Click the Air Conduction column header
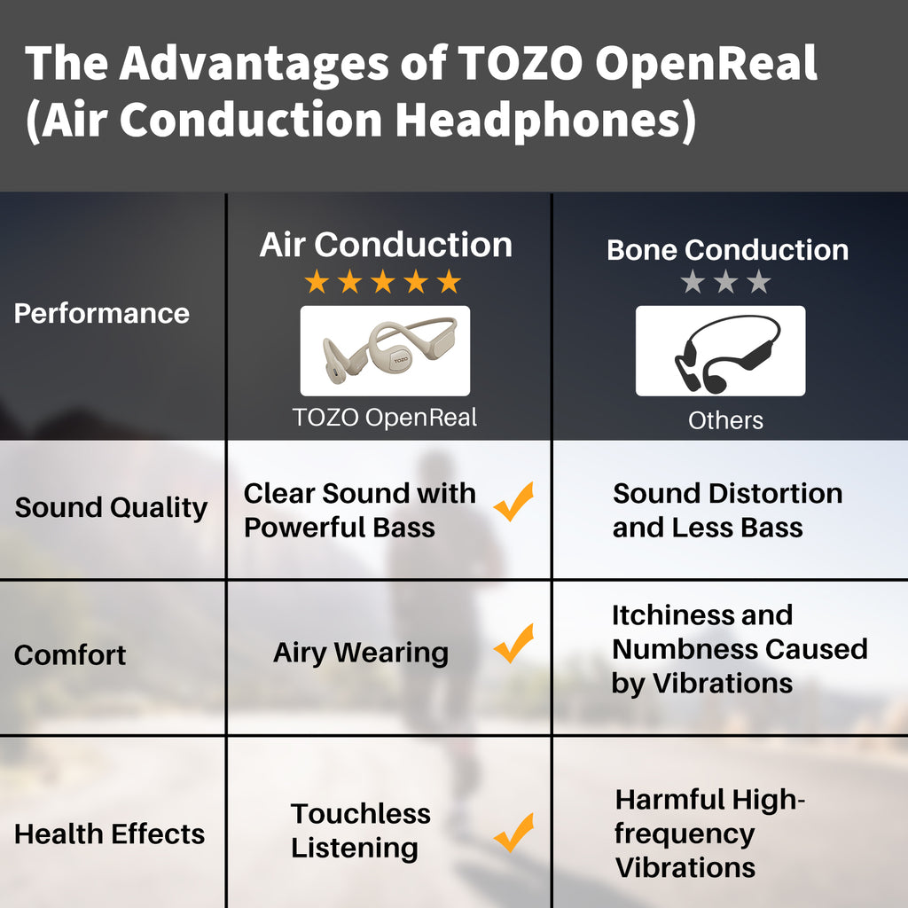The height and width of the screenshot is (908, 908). [x=386, y=245]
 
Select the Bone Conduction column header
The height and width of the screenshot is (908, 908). [x=727, y=250]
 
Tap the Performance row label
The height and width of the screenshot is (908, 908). [x=102, y=313]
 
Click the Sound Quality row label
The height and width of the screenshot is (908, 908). [x=111, y=508]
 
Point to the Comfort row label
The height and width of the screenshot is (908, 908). [x=70, y=655]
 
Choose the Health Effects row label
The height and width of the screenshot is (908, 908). [x=109, y=834]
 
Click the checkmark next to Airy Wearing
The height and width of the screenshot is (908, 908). [x=513, y=644]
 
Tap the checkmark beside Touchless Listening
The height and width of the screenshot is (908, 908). [x=513, y=833]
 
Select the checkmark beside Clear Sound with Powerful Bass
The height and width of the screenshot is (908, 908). [x=513, y=502]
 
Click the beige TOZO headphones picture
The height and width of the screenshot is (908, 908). [x=385, y=350]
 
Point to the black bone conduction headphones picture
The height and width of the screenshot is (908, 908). [x=720, y=351]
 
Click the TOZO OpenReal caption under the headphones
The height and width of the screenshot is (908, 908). [x=385, y=417]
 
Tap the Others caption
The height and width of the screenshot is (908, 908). [x=725, y=420]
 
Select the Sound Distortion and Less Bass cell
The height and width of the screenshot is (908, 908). [x=727, y=510]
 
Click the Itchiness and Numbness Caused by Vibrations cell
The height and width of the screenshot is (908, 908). [x=739, y=649]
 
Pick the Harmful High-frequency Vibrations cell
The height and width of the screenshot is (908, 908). [x=709, y=834]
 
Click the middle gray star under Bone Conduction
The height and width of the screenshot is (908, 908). [x=725, y=283]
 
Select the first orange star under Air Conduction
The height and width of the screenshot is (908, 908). [x=317, y=283]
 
